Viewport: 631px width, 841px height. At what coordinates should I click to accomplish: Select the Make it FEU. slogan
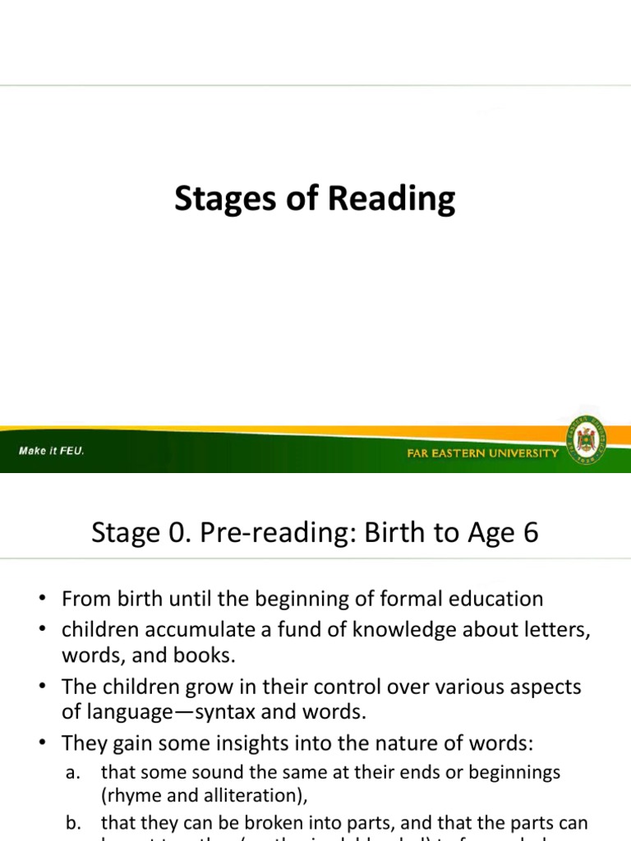point(53,451)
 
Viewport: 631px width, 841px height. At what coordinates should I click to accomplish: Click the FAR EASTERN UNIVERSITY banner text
point(483,453)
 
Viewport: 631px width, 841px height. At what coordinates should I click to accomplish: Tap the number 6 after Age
point(531,534)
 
